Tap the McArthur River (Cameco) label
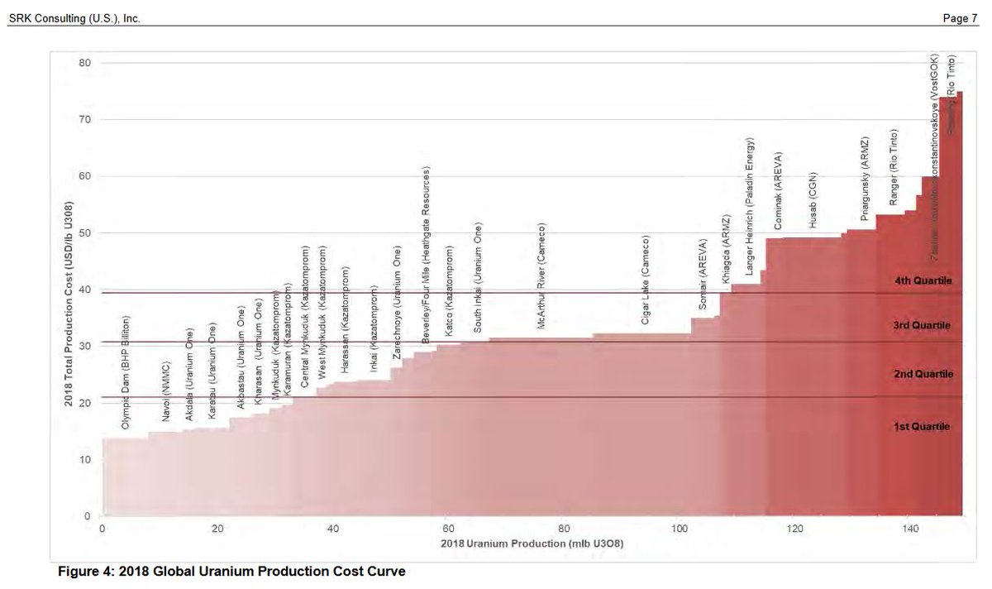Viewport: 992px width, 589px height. coord(541,276)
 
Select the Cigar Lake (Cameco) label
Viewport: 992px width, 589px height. coord(646,279)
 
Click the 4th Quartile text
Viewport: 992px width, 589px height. coord(923,281)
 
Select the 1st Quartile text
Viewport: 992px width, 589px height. coord(922,427)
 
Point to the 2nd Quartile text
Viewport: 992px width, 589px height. coord(923,375)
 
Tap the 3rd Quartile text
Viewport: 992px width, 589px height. coord(923,325)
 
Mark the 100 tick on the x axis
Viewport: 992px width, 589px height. coord(679,529)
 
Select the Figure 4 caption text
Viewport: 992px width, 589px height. coord(231,571)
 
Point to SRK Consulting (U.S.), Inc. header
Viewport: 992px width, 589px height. coord(74,18)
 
